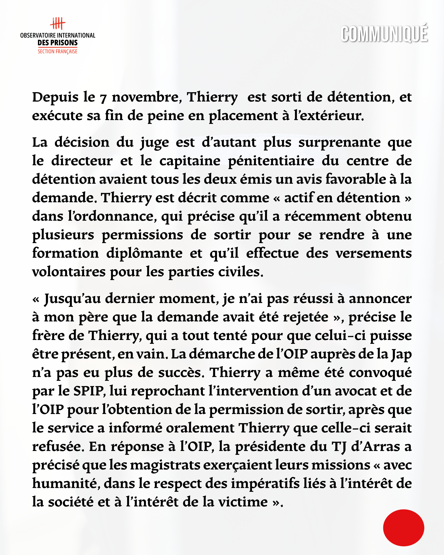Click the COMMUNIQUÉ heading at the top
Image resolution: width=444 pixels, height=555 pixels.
(384, 34)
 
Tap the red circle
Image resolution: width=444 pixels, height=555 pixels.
(403, 528)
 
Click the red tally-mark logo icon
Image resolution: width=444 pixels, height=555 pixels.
(57, 24)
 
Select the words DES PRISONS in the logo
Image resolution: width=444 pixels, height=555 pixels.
(57, 43)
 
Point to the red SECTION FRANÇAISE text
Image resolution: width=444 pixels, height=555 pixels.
(57, 51)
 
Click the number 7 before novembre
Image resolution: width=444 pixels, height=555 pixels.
(103, 98)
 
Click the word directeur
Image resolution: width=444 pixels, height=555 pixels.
(82, 161)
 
